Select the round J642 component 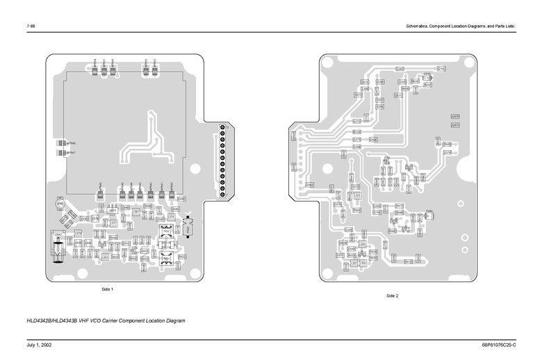[60, 204]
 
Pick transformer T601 [166, 258]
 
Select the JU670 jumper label [455, 116]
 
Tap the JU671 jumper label [455, 125]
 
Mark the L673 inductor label [357, 139]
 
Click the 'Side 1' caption [107, 288]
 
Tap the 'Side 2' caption [392, 296]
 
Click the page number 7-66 [31, 26]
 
